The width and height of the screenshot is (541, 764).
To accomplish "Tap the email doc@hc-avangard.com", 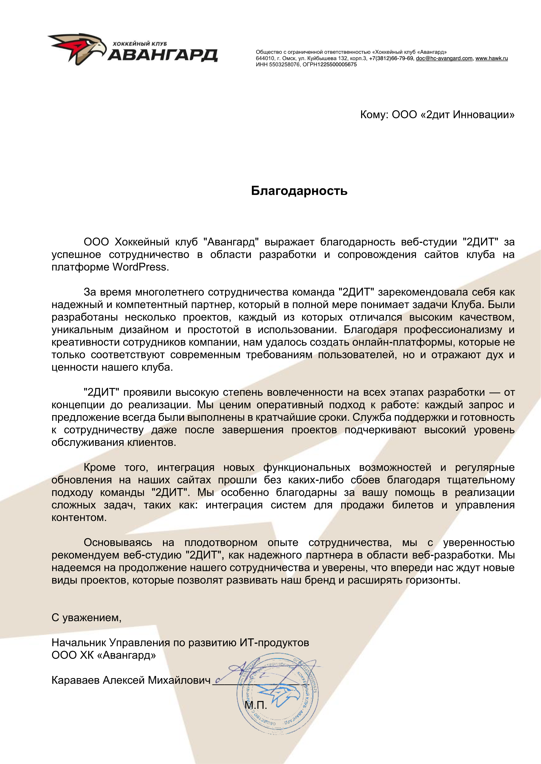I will coord(444,58).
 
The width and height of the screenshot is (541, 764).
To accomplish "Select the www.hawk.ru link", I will coord(491,58).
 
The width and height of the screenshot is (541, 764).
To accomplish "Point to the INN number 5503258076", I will coord(284,65).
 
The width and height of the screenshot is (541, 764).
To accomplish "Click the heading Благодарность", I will coord(299,191).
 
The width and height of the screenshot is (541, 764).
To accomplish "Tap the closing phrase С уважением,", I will coord(86,618).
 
